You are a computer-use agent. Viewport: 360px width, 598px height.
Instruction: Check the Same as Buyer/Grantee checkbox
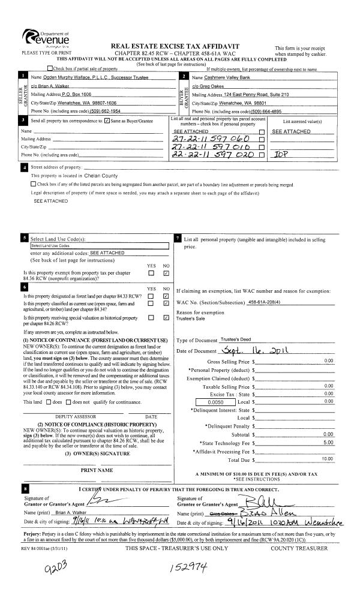pos(107,122)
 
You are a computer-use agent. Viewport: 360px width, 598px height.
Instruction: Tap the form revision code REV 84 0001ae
pos(33,531)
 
